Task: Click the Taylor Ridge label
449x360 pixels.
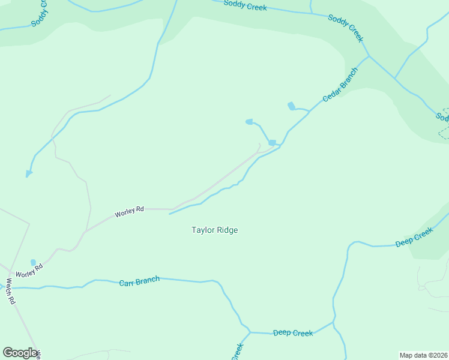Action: (215, 230)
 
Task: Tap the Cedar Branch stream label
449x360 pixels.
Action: (340, 84)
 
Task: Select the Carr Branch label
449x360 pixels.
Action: (139, 280)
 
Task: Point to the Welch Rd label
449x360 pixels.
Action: (10, 291)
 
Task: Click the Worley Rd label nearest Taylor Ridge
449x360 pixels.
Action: (130, 211)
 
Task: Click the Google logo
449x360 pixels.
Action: (20, 353)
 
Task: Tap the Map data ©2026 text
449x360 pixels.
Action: (423, 355)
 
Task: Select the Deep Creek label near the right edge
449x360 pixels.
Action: (414, 237)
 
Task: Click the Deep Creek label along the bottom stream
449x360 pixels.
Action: (293, 333)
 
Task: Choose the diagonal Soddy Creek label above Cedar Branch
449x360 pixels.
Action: (346, 28)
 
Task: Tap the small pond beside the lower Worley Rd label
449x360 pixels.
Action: (34, 262)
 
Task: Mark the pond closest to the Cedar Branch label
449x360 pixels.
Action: (292, 106)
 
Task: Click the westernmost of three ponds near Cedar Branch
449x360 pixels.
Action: (249, 122)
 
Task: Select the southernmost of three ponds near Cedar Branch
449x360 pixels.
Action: (272, 143)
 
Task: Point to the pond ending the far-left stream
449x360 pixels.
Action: (28, 174)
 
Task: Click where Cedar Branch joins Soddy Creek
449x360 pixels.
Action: (369, 56)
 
